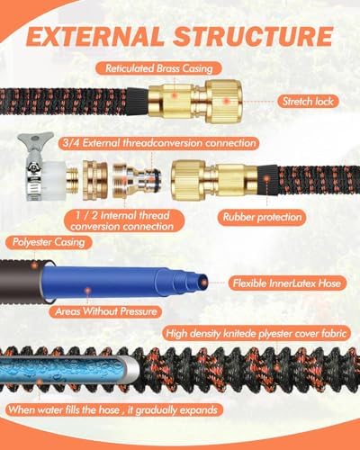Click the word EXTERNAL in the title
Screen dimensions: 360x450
tap(95, 37)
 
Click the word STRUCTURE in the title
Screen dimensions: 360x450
tap(254, 37)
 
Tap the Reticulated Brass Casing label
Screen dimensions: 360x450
tap(159, 68)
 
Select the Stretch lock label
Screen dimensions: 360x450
tap(308, 102)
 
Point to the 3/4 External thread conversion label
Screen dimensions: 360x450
tap(159, 143)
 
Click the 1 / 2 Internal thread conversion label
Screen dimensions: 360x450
tap(121, 220)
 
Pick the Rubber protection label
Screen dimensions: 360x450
tap(263, 217)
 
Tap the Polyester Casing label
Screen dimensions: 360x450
tap(49, 242)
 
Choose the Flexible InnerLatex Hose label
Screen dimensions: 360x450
tap(287, 283)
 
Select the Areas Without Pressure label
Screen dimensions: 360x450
tap(106, 311)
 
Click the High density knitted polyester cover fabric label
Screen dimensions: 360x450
tap(256, 334)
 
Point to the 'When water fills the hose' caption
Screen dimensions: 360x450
tap(112, 409)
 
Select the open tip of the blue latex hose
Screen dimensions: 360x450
tap(204, 283)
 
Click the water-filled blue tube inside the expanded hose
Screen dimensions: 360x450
tap(67, 371)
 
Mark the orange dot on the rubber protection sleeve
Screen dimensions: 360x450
tap(266, 179)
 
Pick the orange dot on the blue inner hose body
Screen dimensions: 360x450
tap(87, 291)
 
